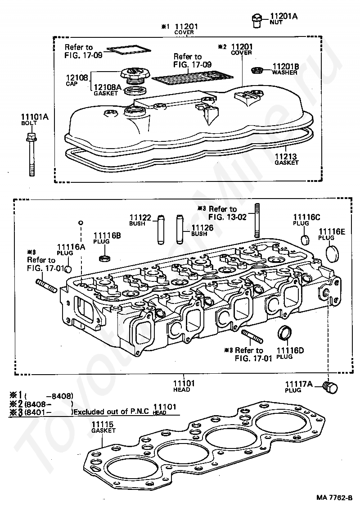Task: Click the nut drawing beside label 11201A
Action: point(257,20)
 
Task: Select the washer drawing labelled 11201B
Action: point(256,70)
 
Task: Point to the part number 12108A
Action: point(108,87)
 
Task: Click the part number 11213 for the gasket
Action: point(286,156)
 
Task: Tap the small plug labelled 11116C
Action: point(306,240)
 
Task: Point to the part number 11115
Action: point(102,424)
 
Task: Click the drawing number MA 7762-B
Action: point(334,507)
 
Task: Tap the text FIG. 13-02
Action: point(228,217)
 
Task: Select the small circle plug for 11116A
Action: point(68,270)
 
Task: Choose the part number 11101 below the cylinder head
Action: point(184,383)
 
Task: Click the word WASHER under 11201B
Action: point(285,73)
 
